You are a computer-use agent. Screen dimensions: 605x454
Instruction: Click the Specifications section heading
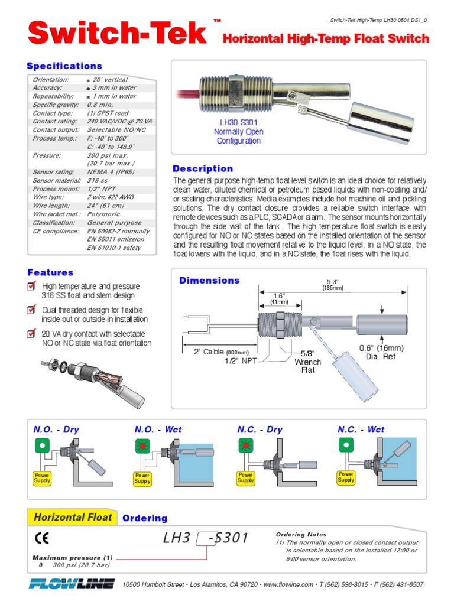[64, 66]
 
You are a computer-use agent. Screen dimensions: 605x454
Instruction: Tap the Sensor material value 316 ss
[98, 180]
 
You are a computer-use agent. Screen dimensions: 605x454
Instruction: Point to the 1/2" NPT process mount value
[101, 189]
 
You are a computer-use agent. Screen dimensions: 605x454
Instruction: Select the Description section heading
[203, 169]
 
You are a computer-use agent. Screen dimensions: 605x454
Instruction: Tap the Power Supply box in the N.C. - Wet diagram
[346, 477]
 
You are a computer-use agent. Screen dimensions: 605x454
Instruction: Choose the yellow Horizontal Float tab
[72, 518]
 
